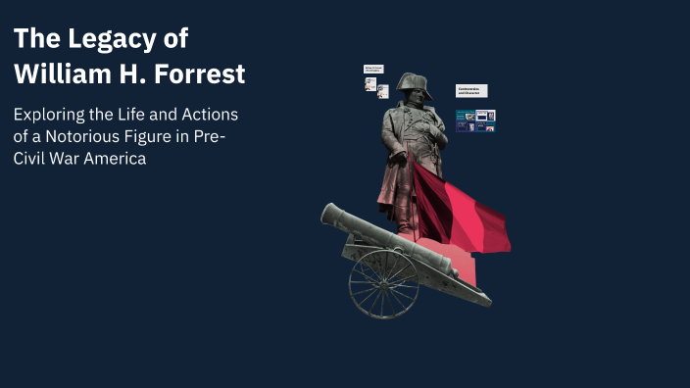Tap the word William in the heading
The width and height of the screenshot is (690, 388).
(x=67, y=73)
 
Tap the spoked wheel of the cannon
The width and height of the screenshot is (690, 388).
(x=383, y=284)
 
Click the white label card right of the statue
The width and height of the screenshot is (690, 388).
(x=470, y=91)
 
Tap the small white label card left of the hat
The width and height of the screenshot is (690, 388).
(x=373, y=70)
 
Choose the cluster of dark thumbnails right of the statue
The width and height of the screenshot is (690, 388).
(x=475, y=121)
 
